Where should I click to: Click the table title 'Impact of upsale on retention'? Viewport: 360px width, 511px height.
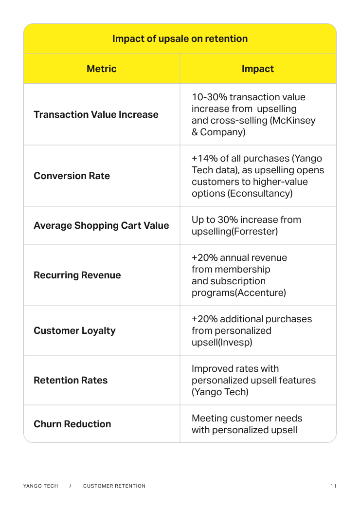coord(180,38)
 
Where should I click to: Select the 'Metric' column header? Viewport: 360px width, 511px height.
coord(101,69)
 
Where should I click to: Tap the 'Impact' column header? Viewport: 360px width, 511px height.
coord(257,69)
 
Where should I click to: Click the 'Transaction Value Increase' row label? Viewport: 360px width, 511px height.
coord(96,114)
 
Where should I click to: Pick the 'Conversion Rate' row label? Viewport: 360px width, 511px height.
coord(72,176)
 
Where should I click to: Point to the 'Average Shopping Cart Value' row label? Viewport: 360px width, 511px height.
coord(101,225)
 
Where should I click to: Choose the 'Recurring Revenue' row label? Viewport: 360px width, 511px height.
coord(77,275)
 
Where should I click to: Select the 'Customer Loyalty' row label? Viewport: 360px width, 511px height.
coord(74,330)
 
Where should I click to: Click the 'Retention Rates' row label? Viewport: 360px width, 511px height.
coord(71,380)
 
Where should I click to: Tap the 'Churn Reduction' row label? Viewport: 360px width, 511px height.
coord(72,424)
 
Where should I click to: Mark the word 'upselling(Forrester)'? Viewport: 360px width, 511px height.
coord(234,231)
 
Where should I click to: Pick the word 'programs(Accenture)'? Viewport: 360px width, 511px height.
coord(238,292)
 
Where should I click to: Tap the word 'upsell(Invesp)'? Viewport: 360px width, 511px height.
coord(221,342)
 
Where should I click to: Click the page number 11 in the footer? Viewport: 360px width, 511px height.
coord(333,486)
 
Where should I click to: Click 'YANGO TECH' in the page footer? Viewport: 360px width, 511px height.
coord(40,486)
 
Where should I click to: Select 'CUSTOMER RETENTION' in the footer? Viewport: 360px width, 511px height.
coord(114,486)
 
